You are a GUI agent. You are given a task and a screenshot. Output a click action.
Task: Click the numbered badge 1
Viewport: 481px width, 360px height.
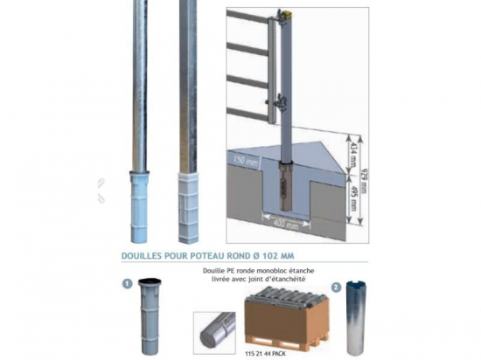coord(127,283)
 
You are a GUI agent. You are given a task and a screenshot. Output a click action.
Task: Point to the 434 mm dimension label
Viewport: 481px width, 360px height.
coord(354,149)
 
